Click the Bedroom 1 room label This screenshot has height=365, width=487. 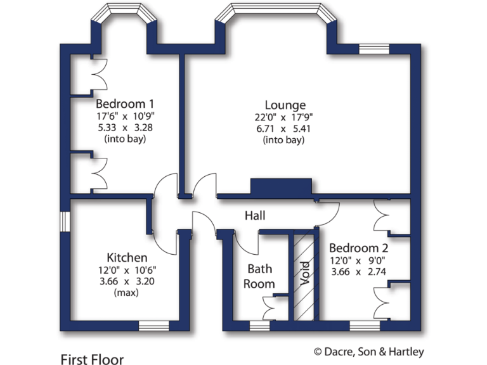[x=125, y=104]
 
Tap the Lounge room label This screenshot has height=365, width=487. [x=285, y=105]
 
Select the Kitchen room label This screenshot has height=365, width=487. [x=127, y=257]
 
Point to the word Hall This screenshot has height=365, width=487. [x=255, y=216]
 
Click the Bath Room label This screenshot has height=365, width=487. [x=261, y=276]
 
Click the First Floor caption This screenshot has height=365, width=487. [x=92, y=359]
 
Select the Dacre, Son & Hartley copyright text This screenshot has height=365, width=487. [x=368, y=351]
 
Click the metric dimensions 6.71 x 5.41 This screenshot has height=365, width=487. [x=285, y=129]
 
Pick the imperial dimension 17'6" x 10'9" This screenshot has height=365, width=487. [x=125, y=116]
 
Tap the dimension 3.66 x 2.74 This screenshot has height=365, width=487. [x=358, y=272]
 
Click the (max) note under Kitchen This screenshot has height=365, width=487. [x=127, y=293]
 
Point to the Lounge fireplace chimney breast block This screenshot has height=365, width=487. [x=282, y=187]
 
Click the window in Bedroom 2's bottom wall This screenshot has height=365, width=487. [x=364, y=326]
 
